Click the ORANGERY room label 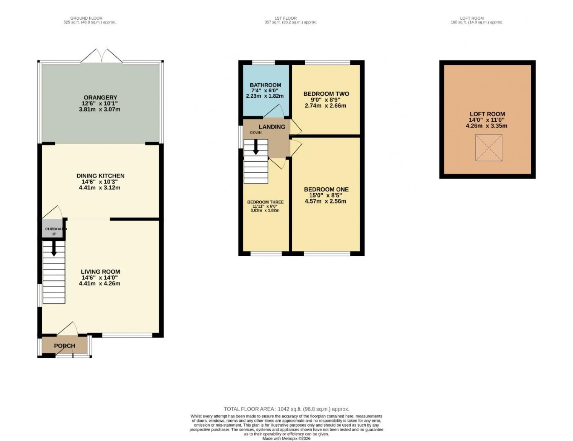point(100,97)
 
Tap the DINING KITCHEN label point(100,176)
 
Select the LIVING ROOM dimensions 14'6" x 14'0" point(100,278)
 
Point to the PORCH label point(64,346)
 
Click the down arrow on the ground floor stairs point(54,249)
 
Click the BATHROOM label point(265,85)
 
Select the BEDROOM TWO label point(326,94)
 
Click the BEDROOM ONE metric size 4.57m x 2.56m point(325,201)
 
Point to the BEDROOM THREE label point(265,202)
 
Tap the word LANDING point(272,127)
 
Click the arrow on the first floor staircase point(256,147)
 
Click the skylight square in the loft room point(488,148)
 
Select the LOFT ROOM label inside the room point(487,114)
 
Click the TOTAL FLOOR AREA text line point(286,409)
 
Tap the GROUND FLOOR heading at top point(86,18)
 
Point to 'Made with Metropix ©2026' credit point(286,438)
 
